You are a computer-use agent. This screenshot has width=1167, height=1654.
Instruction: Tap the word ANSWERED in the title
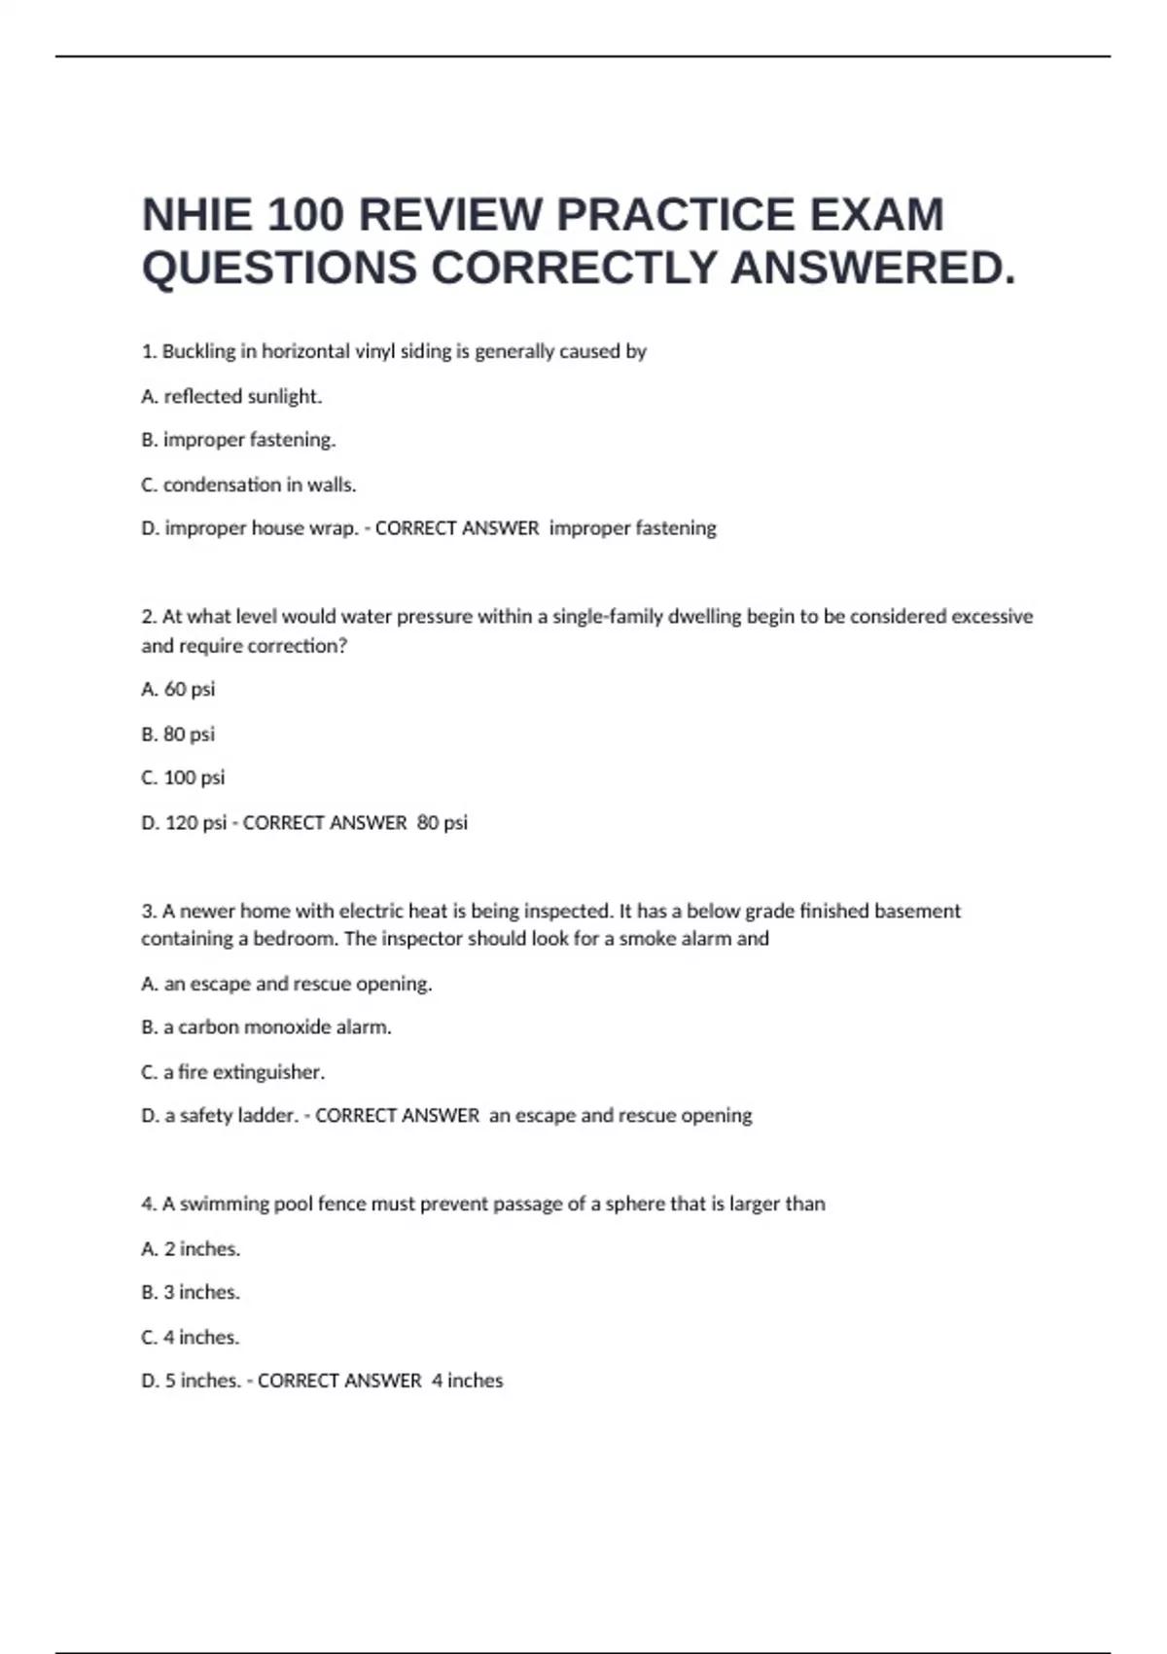872,269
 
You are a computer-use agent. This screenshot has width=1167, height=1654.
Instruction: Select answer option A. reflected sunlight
231,396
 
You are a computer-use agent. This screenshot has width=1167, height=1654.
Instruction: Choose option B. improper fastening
238,440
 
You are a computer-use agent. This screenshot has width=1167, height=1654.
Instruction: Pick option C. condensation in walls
249,485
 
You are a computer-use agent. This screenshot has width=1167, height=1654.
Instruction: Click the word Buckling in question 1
198,351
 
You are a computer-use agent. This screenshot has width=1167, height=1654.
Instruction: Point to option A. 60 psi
178,689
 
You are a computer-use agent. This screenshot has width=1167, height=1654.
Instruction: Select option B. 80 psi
178,734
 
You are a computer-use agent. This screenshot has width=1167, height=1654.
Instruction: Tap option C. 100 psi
183,777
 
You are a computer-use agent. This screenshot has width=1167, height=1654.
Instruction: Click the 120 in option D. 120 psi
181,822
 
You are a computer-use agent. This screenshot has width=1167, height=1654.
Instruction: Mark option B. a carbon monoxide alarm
266,1026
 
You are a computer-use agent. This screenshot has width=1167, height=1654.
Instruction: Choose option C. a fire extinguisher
233,1071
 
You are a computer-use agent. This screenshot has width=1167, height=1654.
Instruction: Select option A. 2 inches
191,1248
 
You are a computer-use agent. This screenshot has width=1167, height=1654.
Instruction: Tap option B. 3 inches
191,1292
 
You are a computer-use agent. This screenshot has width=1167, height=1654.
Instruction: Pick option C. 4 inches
191,1337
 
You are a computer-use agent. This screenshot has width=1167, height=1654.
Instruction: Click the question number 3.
149,911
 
